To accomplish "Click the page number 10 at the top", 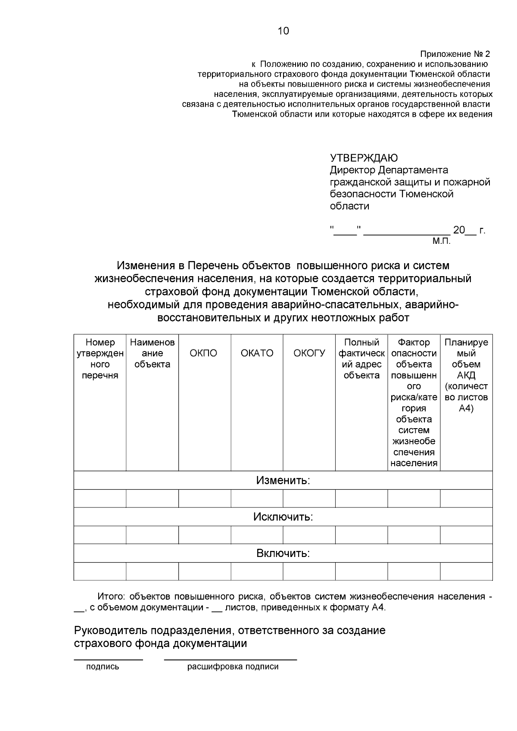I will point(283,31).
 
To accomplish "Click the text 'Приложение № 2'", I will point(455,54).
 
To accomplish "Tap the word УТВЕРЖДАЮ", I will point(364,158).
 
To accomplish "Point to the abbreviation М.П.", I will point(441,241).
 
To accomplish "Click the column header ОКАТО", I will point(257,354).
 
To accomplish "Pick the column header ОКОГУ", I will point(309,354).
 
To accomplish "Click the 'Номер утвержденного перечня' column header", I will point(100,359).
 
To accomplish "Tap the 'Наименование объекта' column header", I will point(152,354).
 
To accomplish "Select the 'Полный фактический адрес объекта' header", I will point(361,359).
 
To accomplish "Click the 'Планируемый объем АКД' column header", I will point(466,375).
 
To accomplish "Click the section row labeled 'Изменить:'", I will point(283,480).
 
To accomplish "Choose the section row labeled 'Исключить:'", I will point(283,517).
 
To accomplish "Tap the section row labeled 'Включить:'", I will point(283,553).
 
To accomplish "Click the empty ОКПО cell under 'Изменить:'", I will point(204,498).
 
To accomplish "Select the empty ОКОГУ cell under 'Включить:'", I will point(309,572).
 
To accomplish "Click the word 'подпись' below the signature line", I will point(103,667).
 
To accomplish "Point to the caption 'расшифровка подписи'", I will point(233,667).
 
